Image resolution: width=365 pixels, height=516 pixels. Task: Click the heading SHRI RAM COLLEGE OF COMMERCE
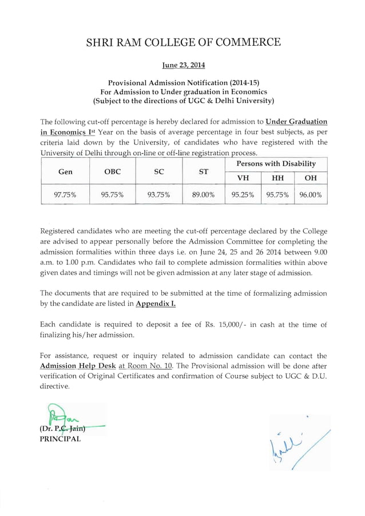182,42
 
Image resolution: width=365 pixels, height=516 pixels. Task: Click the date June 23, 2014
182,65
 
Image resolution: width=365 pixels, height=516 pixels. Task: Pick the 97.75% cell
65,195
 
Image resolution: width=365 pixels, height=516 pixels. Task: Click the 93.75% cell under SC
158,195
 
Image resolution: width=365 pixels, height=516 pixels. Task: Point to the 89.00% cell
203,195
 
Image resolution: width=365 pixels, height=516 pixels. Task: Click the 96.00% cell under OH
311,195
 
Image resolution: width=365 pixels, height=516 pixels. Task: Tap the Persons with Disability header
277,164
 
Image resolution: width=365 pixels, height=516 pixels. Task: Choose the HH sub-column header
277,177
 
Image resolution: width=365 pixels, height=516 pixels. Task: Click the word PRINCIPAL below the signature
60,439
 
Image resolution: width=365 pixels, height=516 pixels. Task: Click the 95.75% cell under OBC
112,195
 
